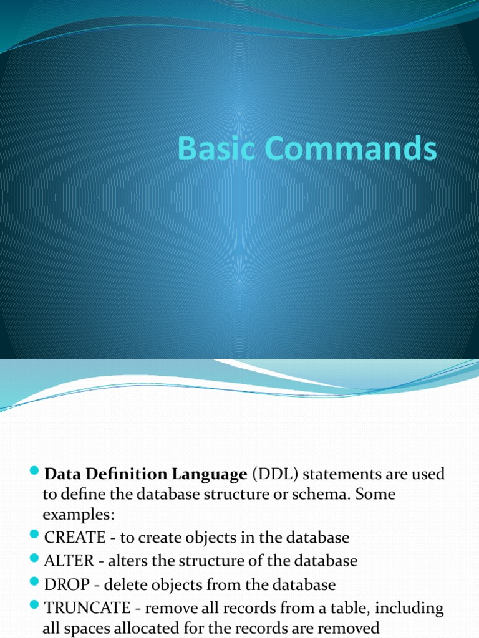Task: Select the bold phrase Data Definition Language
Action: point(146,475)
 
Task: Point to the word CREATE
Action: point(75,538)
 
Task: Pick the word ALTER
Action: point(69,561)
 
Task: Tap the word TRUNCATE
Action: point(87,607)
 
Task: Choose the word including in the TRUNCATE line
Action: point(407,607)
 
